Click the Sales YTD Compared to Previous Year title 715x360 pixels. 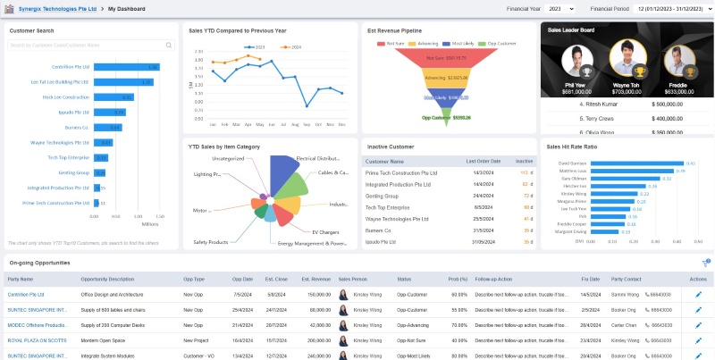tap(237, 29)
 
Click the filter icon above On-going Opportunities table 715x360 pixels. tap(704, 264)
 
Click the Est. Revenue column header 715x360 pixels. tap(315, 279)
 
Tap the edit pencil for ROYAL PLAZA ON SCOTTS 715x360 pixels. tap(698, 340)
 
